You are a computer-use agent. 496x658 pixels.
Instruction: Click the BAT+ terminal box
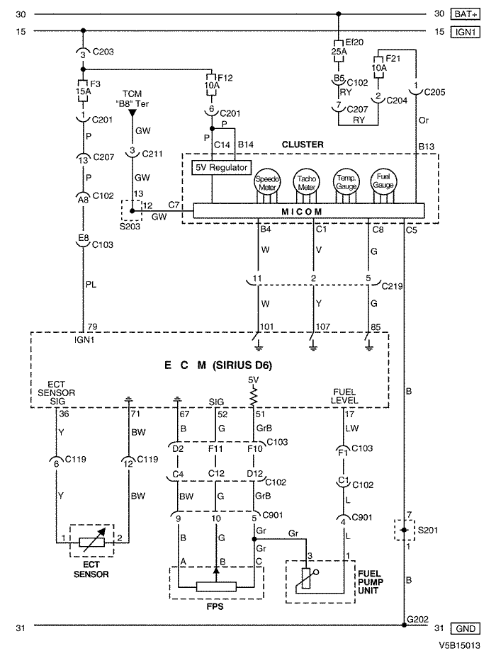[x=465, y=14]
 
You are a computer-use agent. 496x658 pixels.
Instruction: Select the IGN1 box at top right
[x=465, y=32]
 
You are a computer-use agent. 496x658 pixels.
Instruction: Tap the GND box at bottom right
[x=465, y=629]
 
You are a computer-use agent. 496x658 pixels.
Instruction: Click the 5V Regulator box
[x=221, y=167]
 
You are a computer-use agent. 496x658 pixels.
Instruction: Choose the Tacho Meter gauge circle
[x=306, y=182]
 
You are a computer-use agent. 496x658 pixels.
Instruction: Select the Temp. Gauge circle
[x=346, y=182]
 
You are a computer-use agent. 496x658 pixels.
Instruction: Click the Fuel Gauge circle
[x=383, y=181]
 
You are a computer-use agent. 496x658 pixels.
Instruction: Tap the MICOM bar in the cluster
[x=309, y=211]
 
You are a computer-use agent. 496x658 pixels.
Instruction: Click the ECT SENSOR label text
[x=91, y=569]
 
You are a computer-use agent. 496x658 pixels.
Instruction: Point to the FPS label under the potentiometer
[x=215, y=606]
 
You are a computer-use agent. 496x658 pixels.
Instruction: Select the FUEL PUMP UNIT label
[x=371, y=582]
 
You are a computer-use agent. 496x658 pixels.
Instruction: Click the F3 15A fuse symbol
[x=83, y=91]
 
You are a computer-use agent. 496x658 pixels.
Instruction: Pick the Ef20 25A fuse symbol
[x=339, y=51]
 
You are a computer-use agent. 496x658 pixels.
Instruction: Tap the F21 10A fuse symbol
[x=378, y=67]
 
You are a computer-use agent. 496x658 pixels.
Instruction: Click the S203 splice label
[x=130, y=227]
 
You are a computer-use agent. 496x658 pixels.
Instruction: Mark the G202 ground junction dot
[x=404, y=625]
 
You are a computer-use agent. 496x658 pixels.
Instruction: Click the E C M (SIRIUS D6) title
[x=218, y=365]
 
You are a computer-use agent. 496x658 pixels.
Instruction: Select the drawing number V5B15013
[x=459, y=645]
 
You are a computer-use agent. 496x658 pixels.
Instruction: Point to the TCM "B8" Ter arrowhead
[x=133, y=113]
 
